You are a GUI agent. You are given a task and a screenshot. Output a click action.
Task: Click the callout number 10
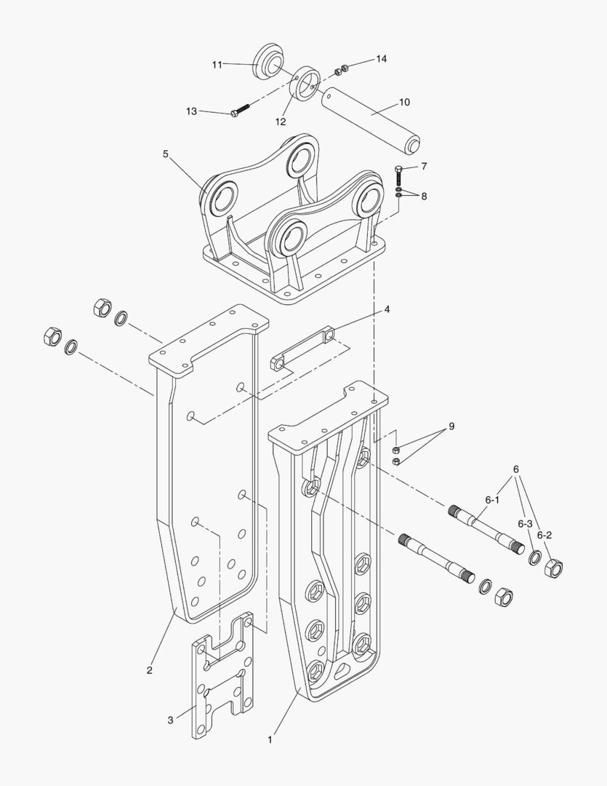tap(404, 102)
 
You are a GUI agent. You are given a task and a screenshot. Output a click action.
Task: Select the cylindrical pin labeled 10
tap(371, 118)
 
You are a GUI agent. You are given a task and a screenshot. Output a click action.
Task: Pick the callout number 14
tap(382, 58)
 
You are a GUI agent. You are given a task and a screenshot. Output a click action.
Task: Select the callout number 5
tap(165, 154)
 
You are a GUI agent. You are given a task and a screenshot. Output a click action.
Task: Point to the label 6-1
tap(492, 500)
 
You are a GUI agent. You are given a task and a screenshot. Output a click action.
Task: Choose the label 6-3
tap(525, 523)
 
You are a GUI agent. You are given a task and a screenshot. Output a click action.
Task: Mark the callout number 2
tap(149, 670)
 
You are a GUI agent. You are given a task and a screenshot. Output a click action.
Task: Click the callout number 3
tap(170, 720)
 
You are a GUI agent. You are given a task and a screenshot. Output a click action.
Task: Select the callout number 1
tap(270, 739)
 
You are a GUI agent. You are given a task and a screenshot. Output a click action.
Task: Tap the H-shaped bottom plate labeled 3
tap(222, 676)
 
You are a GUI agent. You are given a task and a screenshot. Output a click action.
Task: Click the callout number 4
tap(387, 309)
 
